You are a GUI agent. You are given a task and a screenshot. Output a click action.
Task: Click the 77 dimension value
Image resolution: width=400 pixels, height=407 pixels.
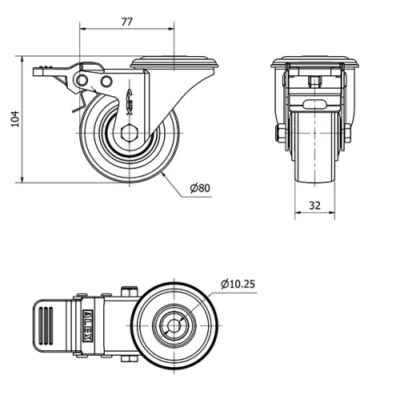126,22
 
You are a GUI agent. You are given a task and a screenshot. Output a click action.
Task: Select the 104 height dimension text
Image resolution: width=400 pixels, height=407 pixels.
12,120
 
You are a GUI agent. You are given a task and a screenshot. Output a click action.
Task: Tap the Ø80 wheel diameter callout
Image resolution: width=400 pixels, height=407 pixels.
200,188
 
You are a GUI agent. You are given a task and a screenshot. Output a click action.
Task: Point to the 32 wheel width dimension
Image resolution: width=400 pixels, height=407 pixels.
314,205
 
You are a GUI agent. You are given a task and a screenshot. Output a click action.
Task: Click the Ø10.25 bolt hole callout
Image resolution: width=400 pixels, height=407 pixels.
238,283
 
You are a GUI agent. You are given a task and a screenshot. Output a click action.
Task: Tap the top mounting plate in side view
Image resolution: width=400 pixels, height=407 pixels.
174,62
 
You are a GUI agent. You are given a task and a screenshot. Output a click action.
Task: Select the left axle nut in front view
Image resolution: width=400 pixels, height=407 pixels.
281,132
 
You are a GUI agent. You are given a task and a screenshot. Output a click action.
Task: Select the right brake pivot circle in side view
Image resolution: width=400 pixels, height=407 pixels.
106,82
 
